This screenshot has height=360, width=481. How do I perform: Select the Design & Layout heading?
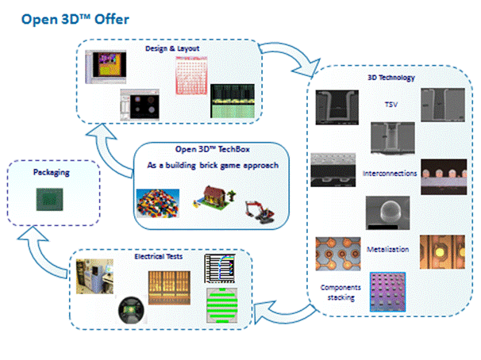tap(172, 48)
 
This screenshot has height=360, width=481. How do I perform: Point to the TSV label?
tap(390, 103)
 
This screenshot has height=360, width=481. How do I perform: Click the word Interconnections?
tap(390, 172)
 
